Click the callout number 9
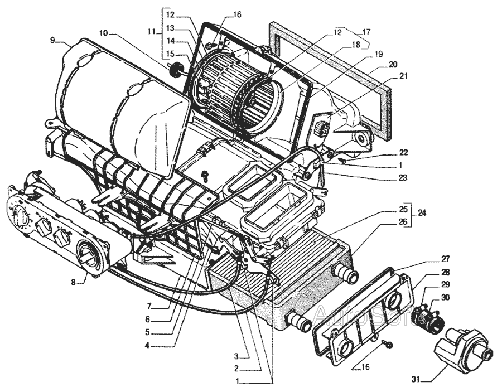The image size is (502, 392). [x=52, y=40]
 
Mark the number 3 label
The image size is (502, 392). [x=236, y=356]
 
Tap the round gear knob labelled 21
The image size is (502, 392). [x=321, y=130]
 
